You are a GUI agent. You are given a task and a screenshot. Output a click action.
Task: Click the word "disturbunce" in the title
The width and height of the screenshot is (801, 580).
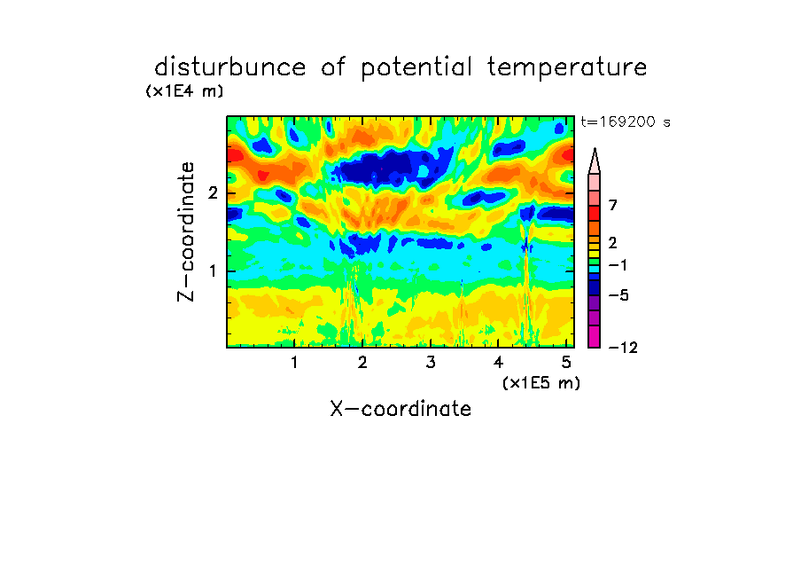(230, 67)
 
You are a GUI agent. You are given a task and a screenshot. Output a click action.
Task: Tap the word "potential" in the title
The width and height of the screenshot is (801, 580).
(416, 68)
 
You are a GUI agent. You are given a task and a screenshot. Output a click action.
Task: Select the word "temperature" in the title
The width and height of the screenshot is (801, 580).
(567, 68)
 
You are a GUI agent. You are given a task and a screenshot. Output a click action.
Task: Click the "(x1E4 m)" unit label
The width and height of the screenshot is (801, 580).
(184, 91)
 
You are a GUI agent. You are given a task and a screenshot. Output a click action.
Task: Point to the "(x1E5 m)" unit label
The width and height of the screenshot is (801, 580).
(541, 382)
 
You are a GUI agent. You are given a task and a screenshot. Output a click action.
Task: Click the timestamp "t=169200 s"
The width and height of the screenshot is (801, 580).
(626, 121)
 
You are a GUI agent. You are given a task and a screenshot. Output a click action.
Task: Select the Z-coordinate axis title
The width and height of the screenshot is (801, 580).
(186, 231)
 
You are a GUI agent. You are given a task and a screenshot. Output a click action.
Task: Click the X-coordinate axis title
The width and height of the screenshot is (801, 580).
(400, 409)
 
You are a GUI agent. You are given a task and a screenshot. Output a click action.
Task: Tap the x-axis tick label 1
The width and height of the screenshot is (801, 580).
(295, 363)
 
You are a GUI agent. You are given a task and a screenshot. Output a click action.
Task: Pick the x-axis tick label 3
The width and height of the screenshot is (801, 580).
(431, 363)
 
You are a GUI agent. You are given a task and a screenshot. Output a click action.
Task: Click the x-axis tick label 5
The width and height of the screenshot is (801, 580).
(566, 363)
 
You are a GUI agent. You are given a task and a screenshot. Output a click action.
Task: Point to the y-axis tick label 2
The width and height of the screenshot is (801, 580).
(213, 193)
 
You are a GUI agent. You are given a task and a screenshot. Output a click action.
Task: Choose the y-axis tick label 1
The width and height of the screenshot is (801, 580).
(213, 271)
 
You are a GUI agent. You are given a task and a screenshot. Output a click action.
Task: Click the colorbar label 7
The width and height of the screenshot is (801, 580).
(613, 205)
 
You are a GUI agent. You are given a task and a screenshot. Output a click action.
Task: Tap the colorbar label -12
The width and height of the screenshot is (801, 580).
(623, 348)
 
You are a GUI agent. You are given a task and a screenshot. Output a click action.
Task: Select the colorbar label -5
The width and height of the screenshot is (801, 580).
(618, 295)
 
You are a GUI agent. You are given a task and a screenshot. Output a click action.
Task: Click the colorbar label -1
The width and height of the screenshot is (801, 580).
(618, 265)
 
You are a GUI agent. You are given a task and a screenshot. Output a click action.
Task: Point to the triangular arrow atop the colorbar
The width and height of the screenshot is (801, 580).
(595, 161)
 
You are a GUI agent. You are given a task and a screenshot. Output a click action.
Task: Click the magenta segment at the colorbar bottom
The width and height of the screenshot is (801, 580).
(595, 336)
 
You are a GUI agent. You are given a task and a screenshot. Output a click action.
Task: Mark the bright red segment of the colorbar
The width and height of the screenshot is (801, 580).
(595, 213)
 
